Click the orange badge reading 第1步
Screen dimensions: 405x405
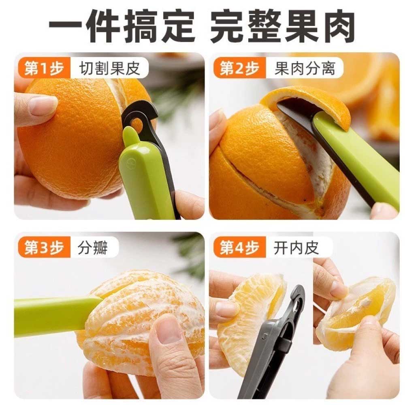click(44, 68)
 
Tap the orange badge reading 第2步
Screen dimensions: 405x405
click(239, 68)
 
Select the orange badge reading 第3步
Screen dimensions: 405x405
click(44, 247)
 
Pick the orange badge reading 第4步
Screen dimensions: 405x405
click(239, 247)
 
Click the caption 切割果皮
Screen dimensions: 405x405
click(109, 68)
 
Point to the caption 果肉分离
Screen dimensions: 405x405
click(305, 68)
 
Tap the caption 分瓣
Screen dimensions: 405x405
click(92, 247)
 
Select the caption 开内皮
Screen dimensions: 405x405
click(296, 247)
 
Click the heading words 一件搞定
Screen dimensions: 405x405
click(122, 26)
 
